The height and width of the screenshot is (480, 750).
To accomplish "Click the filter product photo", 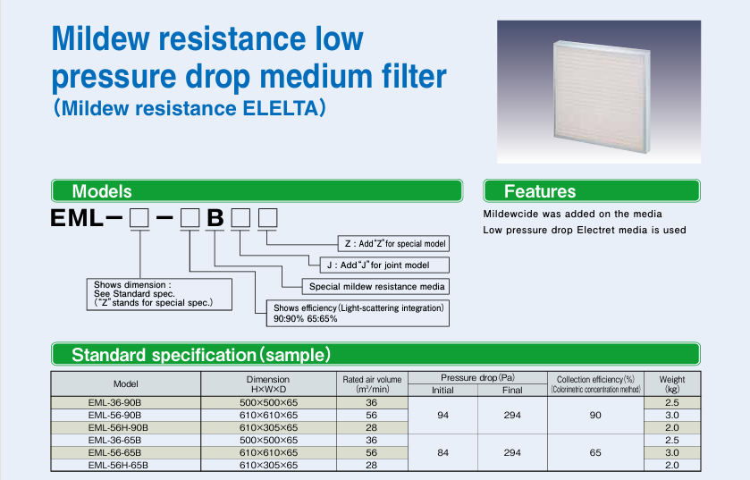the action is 599,92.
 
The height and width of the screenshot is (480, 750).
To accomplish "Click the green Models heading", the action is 257,190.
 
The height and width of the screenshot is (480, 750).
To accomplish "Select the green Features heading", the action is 592,190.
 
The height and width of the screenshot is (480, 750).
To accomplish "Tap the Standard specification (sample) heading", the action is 375,354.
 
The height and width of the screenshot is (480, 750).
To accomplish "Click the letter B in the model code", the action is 215,218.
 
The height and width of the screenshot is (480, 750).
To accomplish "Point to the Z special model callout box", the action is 393,243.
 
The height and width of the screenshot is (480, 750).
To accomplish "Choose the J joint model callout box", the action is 384,265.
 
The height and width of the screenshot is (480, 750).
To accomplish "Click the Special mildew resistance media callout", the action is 376,286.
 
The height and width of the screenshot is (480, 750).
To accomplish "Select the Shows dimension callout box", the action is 159,294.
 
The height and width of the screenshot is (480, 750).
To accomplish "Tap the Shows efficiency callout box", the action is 358,313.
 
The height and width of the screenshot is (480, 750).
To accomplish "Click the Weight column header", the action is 672,383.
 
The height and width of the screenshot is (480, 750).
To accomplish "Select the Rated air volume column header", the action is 372,383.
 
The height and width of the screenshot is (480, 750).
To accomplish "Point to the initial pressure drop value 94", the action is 442,415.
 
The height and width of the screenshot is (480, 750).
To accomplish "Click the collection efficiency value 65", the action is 595,452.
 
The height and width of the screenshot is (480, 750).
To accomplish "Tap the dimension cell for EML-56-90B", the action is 268,415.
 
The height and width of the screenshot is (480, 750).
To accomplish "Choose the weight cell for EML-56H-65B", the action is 672,465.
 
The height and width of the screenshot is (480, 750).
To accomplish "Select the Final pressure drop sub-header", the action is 512,390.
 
